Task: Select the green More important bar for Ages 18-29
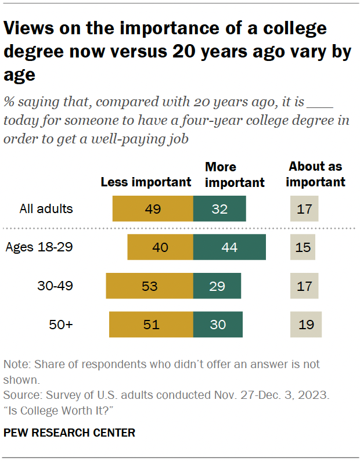(x=229, y=247)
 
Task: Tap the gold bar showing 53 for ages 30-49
(x=149, y=286)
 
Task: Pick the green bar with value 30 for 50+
(x=218, y=325)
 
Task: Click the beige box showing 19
(x=306, y=325)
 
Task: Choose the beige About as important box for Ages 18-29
(x=303, y=247)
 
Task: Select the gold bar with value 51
(x=151, y=325)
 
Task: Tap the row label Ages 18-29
(x=39, y=247)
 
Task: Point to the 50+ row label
(x=61, y=325)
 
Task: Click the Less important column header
(x=146, y=182)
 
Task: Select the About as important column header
(x=316, y=174)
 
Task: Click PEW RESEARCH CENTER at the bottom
(x=69, y=433)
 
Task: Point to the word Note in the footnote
(x=16, y=365)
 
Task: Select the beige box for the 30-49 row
(x=304, y=286)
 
